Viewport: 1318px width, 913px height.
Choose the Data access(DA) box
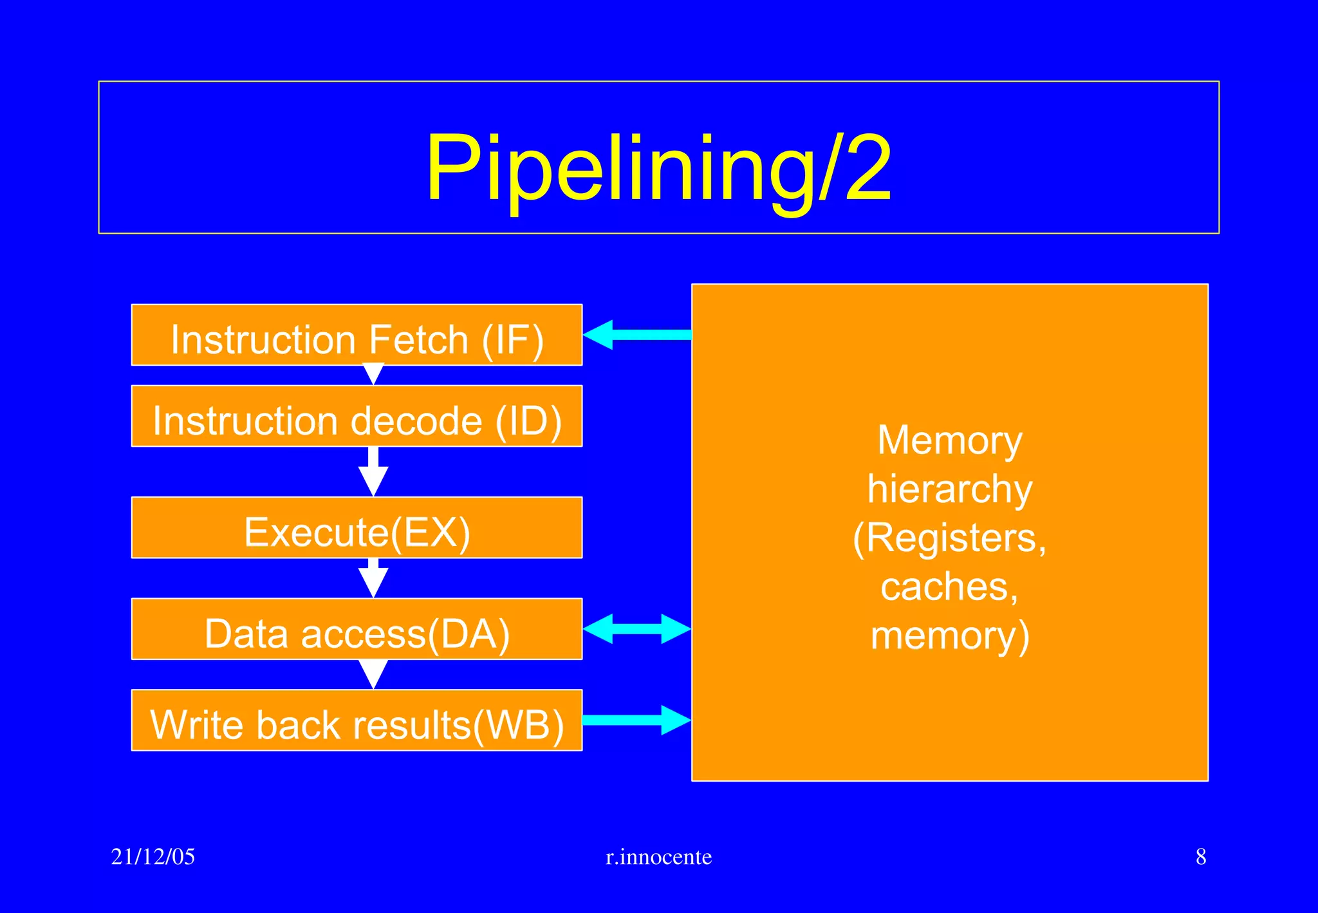pyautogui.click(x=357, y=630)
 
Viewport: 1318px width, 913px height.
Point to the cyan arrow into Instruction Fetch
pyautogui.click(x=637, y=335)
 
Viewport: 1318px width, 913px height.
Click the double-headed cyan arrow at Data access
pyautogui.click(x=637, y=628)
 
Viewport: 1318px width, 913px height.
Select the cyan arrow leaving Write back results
pyautogui.click(x=637, y=720)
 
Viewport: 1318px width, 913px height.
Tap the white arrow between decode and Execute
pyautogui.click(x=373, y=472)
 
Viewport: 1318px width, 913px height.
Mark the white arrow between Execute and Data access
pyautogui.click(x=373, y=578)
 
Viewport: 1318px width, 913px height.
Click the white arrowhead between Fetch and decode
pyautogui.click(x=373, y=374)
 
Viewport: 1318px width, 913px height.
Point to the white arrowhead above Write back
pyautogui.click(x=373, y=673)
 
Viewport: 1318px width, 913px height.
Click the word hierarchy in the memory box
pyautogui.click(x=949, y=489)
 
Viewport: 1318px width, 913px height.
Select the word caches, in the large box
pyautogui.click(x=949, y=587)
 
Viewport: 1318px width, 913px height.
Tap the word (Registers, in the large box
pyautogui.click(x=949, y=538)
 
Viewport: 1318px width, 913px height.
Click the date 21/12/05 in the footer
pyautogui.click(x=153, y=857)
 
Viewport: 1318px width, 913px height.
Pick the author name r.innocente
pyautogui.click(x=658, y=857)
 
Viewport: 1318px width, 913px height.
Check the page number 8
pyautogui.click(x=1200, y=857)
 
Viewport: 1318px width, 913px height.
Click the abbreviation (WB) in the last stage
pyautogui.click(x=519, y=725)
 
